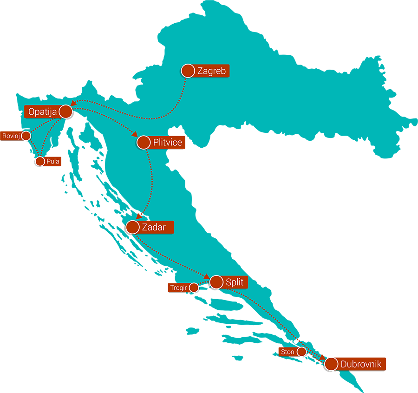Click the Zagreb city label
211,71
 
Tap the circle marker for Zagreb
188,71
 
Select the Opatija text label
42,111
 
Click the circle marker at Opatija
65,111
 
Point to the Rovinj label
10,136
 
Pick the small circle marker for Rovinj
26,136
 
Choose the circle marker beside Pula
40,161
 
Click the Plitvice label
167,143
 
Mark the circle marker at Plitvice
144,142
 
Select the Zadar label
153,227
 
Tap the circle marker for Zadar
132,227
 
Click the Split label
234,282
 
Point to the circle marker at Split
216,282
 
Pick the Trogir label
178,288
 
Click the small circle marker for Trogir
194,288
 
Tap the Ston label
287,352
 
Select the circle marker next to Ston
301,352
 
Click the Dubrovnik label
361,364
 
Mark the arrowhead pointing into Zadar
138,216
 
